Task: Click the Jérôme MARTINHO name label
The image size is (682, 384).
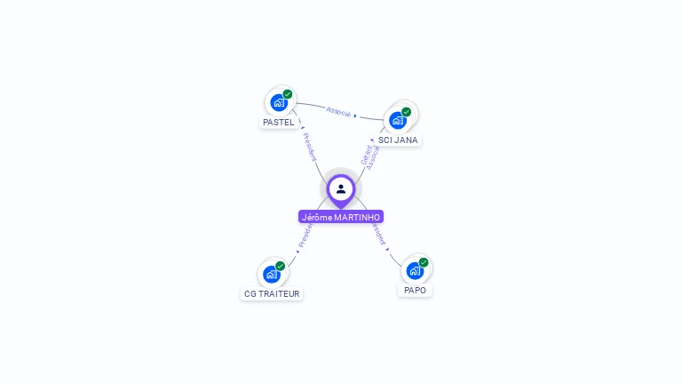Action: (341, 217)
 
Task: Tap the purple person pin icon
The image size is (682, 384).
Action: (341, 189)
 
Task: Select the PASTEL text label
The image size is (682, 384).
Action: (279, 123)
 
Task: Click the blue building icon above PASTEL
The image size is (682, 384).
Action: (279, 102)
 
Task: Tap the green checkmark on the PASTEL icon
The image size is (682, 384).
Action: (288, 94)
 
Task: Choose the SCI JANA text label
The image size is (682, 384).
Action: (397, 140)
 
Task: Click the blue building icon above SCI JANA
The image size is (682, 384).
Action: (397, 120)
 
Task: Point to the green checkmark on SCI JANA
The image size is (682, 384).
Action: (406, 112)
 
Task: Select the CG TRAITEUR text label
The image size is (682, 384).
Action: (272, 293)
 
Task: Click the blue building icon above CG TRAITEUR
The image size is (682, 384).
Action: (271, 274)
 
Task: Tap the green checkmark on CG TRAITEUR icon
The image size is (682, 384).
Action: (281, 266)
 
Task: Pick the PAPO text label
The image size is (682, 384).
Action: (415, 290)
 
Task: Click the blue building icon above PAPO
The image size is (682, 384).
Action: (415, 270)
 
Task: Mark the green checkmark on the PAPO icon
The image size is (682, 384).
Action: (424, 262)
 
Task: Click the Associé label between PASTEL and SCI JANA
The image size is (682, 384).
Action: (338, 111)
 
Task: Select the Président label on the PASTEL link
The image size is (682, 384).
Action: (308, 148)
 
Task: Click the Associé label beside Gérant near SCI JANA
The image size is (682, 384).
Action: (373, 158)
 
